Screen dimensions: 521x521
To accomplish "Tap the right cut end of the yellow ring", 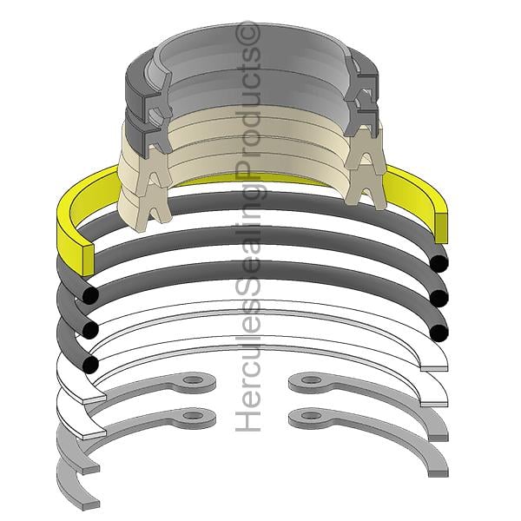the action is coord(441,228).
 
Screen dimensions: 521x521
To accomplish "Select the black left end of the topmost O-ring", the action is coord(90,295).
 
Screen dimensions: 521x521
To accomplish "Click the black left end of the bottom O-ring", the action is coord(90,365).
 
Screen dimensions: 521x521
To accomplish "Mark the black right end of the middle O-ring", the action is coord(439,299).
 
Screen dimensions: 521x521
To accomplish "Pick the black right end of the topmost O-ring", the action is coord(439,263).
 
